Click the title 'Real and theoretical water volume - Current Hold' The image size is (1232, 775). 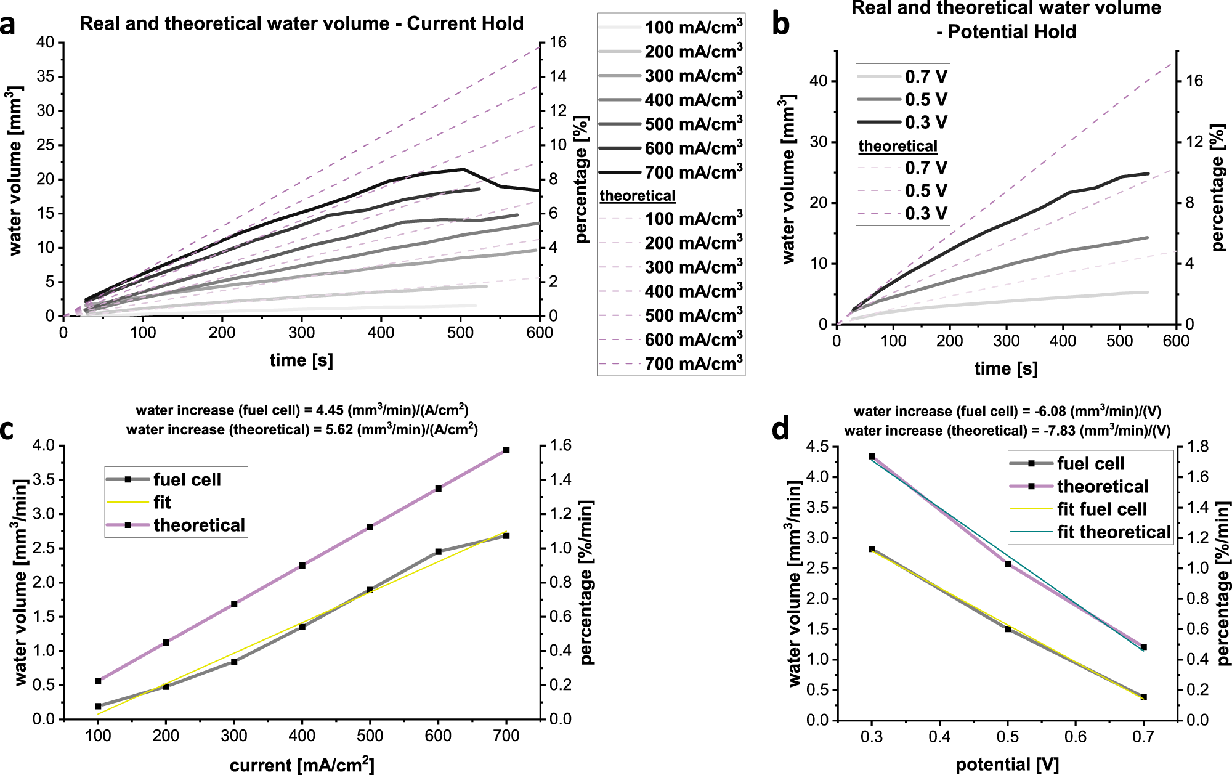click(301, 23)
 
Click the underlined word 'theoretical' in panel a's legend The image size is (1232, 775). click(638, 196)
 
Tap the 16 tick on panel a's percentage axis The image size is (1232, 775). click(558, 43)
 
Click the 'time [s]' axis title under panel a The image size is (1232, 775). click(301, 360)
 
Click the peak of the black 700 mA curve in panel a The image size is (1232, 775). click(463, 169)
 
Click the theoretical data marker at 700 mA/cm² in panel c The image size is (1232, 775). click(506, 450)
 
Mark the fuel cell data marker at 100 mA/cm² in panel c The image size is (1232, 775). click(98, 706)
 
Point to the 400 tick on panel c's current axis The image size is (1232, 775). click(302, 736)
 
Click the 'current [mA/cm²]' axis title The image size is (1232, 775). click(301, 765)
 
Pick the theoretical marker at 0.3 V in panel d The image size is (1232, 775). click(872, 456)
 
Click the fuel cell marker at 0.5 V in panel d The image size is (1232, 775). click(1008, 629)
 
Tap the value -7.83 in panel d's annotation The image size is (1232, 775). click(1060, 431)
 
